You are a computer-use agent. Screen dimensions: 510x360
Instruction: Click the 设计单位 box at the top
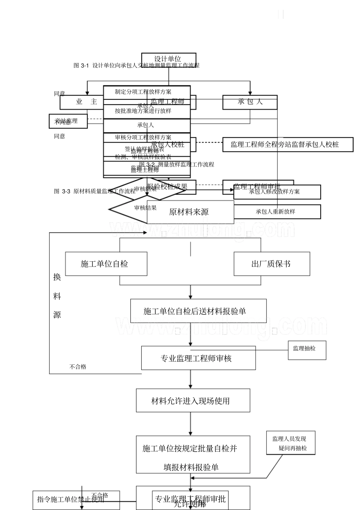tap(167, 59)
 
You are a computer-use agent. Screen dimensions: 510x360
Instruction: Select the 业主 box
tap(87, 102)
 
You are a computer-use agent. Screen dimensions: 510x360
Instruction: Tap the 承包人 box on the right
tap(250, 102)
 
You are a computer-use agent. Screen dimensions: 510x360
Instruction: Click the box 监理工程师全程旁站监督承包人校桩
tap(288, 145)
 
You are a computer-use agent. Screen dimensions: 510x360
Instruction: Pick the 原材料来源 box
tap(189, 212)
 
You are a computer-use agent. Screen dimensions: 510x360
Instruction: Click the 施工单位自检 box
tap(106, 264)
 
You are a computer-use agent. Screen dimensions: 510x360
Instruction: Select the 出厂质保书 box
tap(272, 264)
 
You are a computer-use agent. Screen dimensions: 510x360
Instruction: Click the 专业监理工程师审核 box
tap(198, 358)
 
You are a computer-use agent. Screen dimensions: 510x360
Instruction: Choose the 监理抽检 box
tap(307, 348)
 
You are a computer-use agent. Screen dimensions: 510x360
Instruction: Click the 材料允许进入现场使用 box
tap(193, 400)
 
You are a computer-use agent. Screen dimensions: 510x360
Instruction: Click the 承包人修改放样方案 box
tap(277, 192)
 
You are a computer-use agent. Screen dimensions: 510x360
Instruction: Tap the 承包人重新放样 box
tap(277, 212)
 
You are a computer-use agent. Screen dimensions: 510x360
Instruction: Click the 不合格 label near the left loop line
tap(78, 367)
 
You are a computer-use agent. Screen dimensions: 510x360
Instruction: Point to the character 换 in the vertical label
tap(57, 277)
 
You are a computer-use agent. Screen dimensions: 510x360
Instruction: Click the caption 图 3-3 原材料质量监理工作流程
tap(95, 191)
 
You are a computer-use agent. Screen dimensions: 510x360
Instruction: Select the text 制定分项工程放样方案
tap(143, 92)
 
